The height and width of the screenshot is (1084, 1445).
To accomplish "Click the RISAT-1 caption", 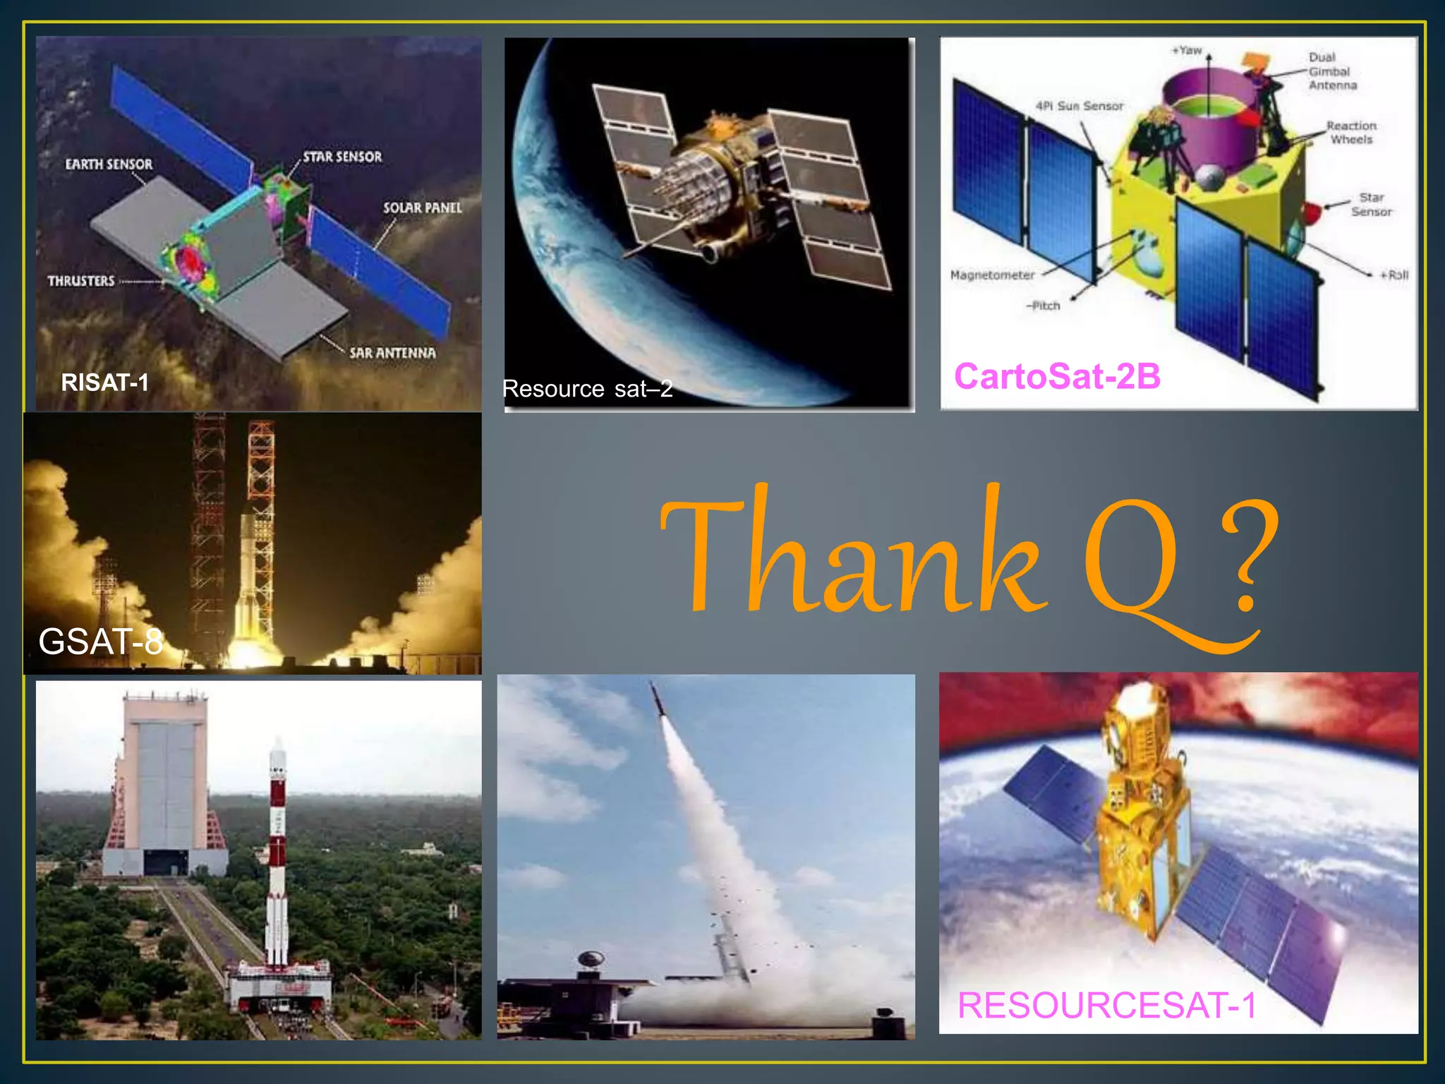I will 104,383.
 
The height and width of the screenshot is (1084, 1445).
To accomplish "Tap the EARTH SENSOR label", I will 109,164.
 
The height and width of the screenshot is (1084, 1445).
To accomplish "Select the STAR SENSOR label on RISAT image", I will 342,157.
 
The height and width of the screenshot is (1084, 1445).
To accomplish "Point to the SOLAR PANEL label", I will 422,207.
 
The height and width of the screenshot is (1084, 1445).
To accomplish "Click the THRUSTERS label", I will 81,281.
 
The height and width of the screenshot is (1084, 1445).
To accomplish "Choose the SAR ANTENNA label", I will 392,353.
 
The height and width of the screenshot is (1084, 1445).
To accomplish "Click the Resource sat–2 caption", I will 587,389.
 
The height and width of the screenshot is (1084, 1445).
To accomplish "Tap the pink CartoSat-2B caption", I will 1057,376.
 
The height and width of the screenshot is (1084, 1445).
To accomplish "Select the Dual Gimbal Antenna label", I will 1332,71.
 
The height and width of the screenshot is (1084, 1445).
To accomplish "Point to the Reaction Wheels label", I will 1351,133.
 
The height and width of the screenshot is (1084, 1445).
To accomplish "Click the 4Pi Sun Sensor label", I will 1079,106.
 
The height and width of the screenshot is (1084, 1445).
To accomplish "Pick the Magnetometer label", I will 992,275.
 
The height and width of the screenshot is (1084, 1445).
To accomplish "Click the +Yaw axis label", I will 1187,50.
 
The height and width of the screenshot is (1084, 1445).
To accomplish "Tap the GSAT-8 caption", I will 100,642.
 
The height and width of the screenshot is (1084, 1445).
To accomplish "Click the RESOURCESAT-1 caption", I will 1106,1005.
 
